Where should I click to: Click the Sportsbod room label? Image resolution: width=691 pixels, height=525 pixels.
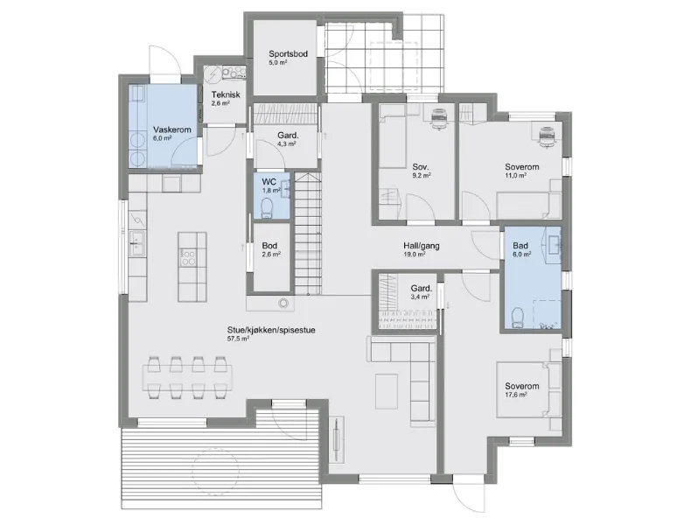[289, 53]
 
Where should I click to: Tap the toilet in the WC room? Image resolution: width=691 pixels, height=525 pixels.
[267, 208]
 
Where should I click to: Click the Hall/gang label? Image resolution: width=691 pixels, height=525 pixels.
[422, 246]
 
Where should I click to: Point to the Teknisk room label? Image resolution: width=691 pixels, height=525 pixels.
[226, 94]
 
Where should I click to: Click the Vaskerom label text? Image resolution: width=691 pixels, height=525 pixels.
[171, 129]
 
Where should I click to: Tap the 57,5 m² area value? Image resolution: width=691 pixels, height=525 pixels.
[239, 339]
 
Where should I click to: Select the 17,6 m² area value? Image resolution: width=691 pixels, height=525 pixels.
[516, 395]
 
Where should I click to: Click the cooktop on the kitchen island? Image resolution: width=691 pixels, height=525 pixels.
[189, 256]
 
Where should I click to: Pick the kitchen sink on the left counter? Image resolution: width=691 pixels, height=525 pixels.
[138, 243]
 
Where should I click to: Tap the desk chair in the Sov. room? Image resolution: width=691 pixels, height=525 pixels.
[438, 119]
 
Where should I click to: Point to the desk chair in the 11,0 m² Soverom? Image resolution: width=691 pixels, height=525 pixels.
[547, 135]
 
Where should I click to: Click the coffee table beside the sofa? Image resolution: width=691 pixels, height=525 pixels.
[387, 391]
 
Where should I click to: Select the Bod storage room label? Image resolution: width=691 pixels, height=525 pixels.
[269, 246]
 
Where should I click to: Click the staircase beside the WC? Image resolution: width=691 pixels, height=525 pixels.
[308, 234]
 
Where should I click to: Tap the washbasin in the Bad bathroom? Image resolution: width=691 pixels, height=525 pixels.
[553, 241]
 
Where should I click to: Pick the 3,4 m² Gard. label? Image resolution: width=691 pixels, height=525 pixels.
[422, 288]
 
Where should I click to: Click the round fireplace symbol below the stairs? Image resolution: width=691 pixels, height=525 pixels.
[283, 303]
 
